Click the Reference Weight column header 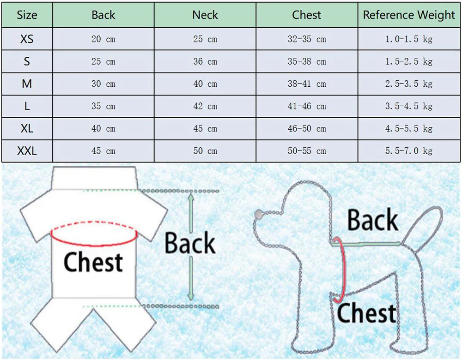pyautogui.click(x=409, y=15)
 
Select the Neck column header pyautogui.click(x=205, y=15)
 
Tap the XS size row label pyautogui.click(x=27, y=39)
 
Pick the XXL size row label pyautogui.click(x=27, y=151)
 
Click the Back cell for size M pyautogui.click(x=103, y=84)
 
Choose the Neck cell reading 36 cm pyautogui.click(x=205, y=61)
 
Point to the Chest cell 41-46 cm pyautogui.click(x=307, y=106)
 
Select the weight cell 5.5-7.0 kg pyautogui.click(x=409, y=151)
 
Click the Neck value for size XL pyautogui.click(x=205, y=129)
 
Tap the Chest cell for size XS pyautogui.click(x=307, y=39)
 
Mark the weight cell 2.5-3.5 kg pyautogui.click(x=409, y=84)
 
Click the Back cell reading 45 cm pyautogui.click(x=103, y=151)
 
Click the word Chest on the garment pyautogui.click(x=93, y=263)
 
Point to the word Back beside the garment pyautogui.click(x=190, y=244)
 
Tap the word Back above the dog pyautogui.click(x=372, y=220)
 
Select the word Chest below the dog pyautogui.click(x=366, y=314)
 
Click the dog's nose pyautogui.click(x=258, y=214)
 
